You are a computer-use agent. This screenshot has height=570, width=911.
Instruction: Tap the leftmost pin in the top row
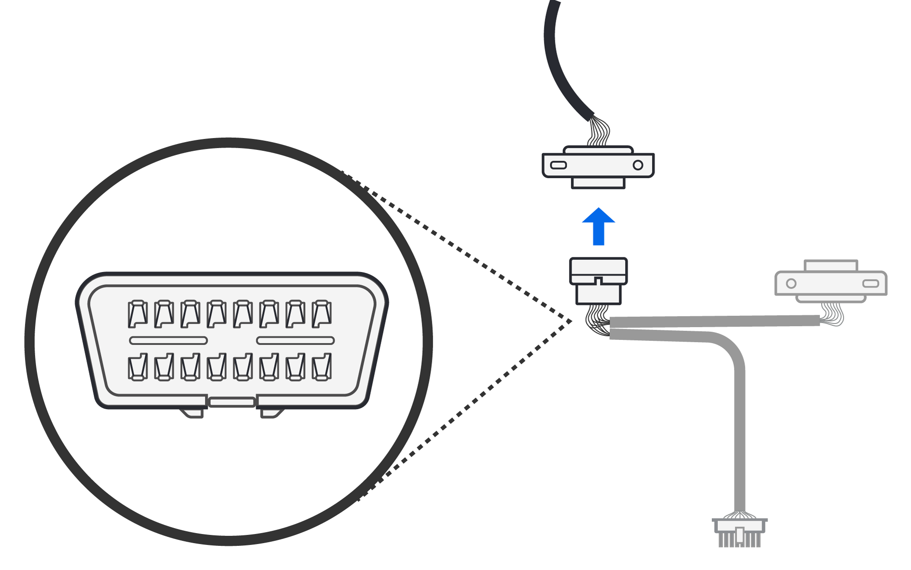pos(138,314)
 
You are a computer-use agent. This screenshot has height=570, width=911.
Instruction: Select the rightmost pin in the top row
pos(322,314)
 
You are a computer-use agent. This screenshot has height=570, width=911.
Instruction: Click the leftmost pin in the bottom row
pos(138,367)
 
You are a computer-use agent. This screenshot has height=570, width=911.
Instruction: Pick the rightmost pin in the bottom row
pos(322,367)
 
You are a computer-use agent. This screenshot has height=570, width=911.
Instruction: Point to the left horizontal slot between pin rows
pos(169,340)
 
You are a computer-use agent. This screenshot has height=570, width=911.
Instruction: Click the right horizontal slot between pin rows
pos(295,340)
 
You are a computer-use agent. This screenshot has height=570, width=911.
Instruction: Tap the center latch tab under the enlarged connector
pos(232,402)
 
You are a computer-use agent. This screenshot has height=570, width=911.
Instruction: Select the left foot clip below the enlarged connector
pos(193,413)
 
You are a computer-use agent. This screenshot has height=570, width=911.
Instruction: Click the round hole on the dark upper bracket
pos(638,165)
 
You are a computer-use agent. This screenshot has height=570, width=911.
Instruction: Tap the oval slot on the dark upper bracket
pos(558,165)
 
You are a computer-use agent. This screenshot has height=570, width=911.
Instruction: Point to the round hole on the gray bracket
pos(791,283)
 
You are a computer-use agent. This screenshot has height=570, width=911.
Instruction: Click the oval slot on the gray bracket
pos(870,283)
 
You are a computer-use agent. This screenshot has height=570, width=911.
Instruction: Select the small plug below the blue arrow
pos(599,281)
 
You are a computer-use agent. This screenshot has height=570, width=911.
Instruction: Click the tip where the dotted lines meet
pos(571,322)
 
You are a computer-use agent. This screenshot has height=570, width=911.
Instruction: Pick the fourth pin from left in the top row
pos(216,314)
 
